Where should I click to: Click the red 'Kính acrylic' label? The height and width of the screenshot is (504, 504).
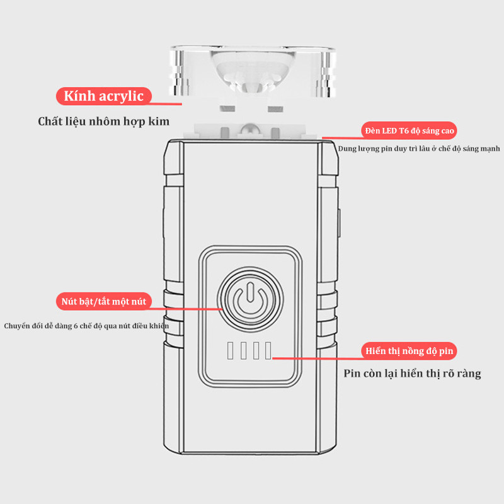coord(103,96)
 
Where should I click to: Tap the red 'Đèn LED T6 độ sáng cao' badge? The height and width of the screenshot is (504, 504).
coord(409,130)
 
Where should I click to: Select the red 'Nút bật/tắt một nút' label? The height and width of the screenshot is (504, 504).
coord(103,301)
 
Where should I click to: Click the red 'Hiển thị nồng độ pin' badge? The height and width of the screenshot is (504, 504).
coord(409,351)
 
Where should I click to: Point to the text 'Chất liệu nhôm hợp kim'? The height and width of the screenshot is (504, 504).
coord(103,122)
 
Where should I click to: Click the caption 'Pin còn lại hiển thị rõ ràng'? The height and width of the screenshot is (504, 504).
coord(412,374)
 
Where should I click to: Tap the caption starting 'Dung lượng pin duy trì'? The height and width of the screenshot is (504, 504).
coord(419,149)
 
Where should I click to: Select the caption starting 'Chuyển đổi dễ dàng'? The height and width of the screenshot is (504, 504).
coord(86,326)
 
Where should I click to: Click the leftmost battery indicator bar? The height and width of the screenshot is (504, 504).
coord(230,350)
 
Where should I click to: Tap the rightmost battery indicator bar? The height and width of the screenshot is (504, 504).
coord(268,350)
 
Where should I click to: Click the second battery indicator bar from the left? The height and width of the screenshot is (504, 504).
coord(243,350)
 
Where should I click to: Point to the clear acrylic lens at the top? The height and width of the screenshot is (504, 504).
coord(253,71)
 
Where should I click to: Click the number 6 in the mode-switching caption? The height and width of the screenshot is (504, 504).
coord(76,326)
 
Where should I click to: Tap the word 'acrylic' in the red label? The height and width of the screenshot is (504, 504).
coord(121,96)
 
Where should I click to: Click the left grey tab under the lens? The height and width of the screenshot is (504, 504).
coord(227,108)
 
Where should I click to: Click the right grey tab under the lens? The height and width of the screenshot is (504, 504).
coord(275,108)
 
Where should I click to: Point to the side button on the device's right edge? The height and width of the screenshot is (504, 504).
coord(338,223)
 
